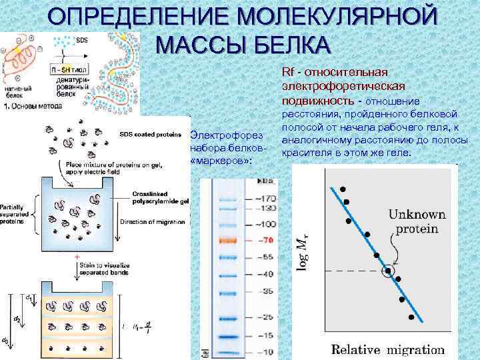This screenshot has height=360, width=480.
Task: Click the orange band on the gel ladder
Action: click(x=228, y=238)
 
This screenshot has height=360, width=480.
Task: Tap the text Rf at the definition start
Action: click(x=289, y=71)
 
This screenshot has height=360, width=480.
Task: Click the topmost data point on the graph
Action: click(x=343, y=189)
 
